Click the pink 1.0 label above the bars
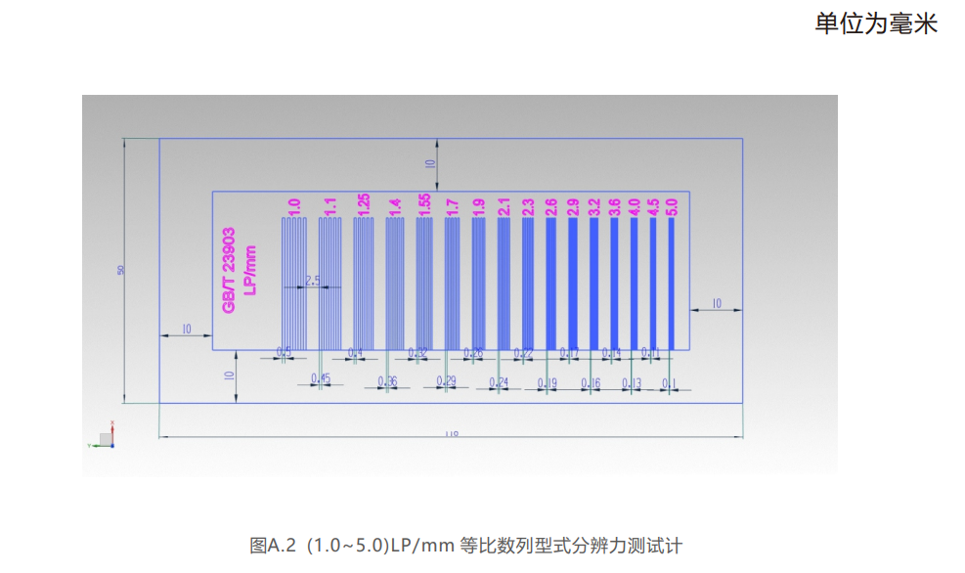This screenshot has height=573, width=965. [293, 206]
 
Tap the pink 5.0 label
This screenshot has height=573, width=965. [671, 206]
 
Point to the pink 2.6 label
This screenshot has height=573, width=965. [550, 206]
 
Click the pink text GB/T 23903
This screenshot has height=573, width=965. [229, 271]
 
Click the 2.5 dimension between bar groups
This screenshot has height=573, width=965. [313, 281]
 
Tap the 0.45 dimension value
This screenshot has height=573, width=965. [320, 378]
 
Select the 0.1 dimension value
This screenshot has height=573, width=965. [669, 383]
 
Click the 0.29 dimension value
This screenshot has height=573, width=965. [446, 381]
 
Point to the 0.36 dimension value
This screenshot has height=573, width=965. [387, 381]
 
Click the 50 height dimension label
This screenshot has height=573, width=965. [121, 270]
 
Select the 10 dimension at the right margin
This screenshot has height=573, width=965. [716, 304]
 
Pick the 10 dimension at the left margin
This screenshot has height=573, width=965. [186, 330]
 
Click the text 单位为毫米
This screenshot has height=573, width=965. [876, 24]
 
